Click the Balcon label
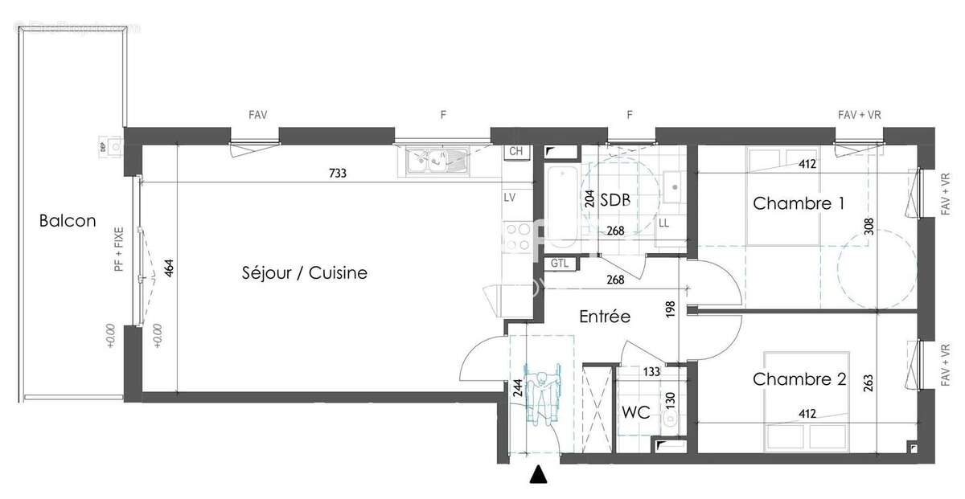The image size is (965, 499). (68, 221)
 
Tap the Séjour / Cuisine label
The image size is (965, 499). (304, 273)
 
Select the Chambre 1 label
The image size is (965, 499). (799, 203)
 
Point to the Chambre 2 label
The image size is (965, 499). (799, 379)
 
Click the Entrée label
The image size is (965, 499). (605, 317)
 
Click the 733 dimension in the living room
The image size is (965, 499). (337, 174)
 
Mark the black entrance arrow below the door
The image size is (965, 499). (539, 476)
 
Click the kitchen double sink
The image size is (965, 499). (436, 161)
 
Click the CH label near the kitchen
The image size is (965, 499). (515, 152)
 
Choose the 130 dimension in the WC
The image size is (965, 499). (667, 399)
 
